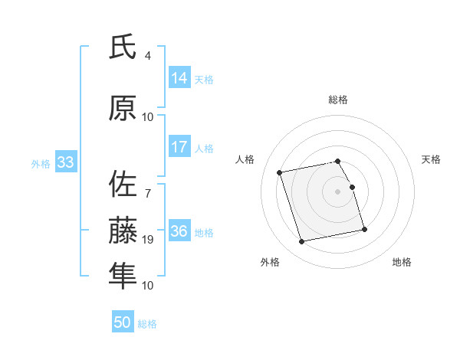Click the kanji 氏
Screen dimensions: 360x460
click(x=123, y=47)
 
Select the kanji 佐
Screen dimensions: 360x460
click(x=123, y=184)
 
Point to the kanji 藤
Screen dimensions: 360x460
click(x=123, y=231)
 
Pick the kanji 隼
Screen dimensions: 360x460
click(x=123, y=277)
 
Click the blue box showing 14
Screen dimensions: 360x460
click(x=179, y=78)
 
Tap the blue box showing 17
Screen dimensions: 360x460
click(x=179, y=148)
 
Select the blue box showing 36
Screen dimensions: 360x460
click(x=179, y=232)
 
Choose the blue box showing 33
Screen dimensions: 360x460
click(x=64, y=162)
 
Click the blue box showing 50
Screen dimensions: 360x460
click(x=123, y=322)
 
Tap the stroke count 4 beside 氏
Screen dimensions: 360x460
click(x=148, y=56)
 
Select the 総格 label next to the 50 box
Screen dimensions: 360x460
click(x=147, y=324)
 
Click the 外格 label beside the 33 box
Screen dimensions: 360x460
click(x=41, y=163)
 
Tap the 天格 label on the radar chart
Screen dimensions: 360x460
click(x=431, y=159)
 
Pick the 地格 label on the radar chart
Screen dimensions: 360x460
click(x=402, y=262)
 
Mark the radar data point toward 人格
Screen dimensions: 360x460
click(x=280, y=172)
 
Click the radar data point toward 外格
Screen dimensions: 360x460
click(x=302, y=242)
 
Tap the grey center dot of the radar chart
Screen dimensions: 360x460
click(x=337, y=191)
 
